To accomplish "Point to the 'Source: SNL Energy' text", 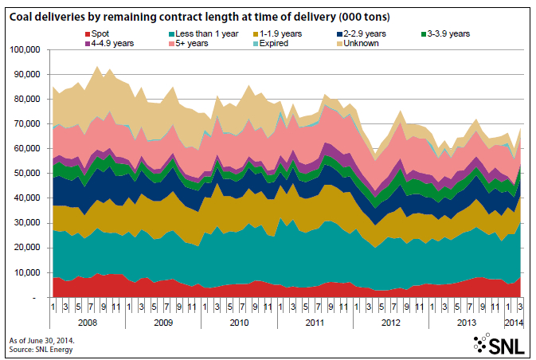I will pos(41,348).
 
